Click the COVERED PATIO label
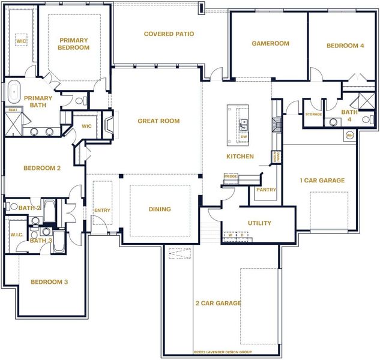169,34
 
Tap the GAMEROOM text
270,43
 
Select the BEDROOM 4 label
345,46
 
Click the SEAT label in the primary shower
12,110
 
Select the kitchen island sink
244,124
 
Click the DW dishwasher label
244,137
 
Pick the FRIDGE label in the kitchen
231,176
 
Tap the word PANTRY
266,190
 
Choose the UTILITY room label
259,223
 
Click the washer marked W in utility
229,235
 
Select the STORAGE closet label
313,114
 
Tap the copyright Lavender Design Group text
222,352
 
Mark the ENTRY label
102,210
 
